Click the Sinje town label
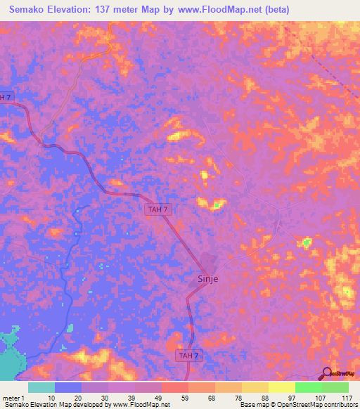(205, 279)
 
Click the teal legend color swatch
(41, 387)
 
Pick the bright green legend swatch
(307, 387)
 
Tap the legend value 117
(342, 397)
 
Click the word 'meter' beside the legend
(10, 397)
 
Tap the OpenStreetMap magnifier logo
(327, 372)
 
